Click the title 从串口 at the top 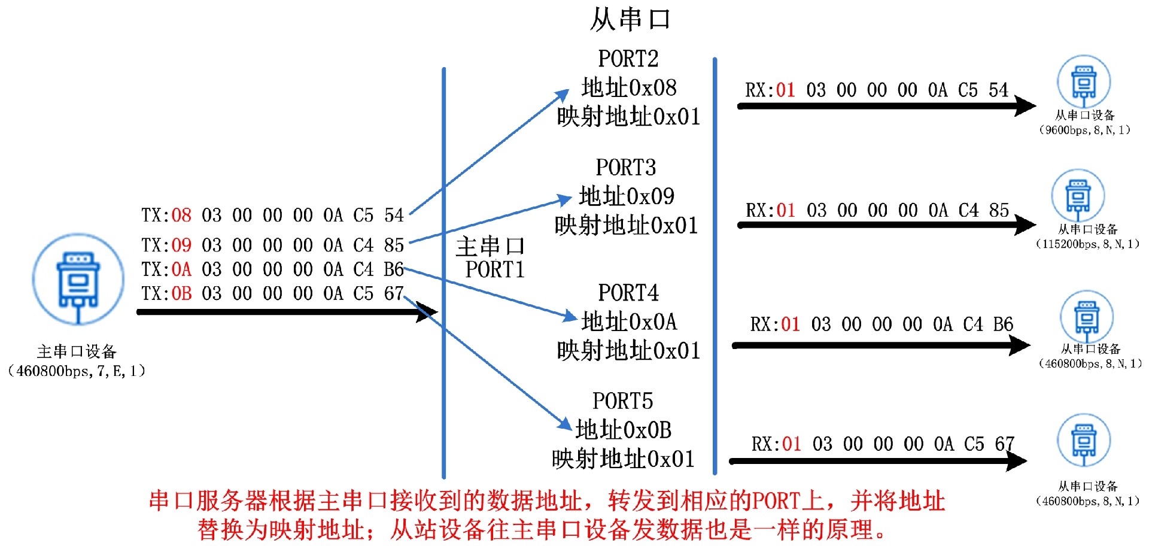pos(630,19)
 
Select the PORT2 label pos(628,59)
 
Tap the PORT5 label pos(622,401)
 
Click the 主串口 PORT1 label pos(491,258)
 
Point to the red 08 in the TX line pos(181,216)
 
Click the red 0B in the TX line pos(181,294)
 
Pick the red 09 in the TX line pos(181,245)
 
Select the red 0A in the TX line pos(181,270)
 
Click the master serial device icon pos(78,280)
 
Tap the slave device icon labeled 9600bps pos(1083,82)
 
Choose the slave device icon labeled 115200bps pos(1078,196)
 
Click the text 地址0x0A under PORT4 pos(629,322)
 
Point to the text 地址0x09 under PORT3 pos(627,196)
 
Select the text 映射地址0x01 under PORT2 pos(628,117)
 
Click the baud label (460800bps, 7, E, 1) pos(77,371)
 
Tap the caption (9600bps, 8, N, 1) pos(1084,130)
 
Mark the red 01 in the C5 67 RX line pos(791,444)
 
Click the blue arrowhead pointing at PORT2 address pos(562,96)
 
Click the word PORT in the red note pos(776,500)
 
